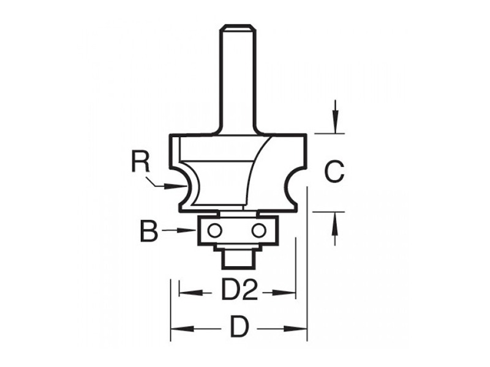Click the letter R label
(141, 161)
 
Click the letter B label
(149, 231)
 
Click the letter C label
(334, 172)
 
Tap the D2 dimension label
(239, 289)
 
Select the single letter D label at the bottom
(239, 327)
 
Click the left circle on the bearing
(215, 231)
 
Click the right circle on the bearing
(258, 231)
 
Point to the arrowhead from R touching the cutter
(176, 187)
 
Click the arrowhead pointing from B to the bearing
(187, 231)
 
